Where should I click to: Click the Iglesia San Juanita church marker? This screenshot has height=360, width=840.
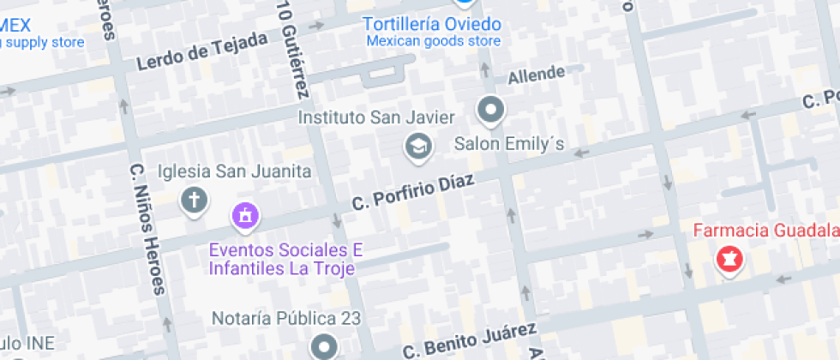coord(195,201)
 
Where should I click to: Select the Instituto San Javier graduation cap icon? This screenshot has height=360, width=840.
coord(417,147)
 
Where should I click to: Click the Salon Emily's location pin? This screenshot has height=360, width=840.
coord(491,110)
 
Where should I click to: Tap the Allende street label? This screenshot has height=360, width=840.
coord(537,76)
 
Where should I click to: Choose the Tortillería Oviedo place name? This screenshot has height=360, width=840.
coord(432,23)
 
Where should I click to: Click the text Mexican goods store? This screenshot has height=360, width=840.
coord(433,40)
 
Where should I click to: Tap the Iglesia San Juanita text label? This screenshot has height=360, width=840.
coord(234,171)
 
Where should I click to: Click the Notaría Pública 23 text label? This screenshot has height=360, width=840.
coord(286,319)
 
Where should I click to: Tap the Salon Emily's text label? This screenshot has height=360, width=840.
coord(509,143)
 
